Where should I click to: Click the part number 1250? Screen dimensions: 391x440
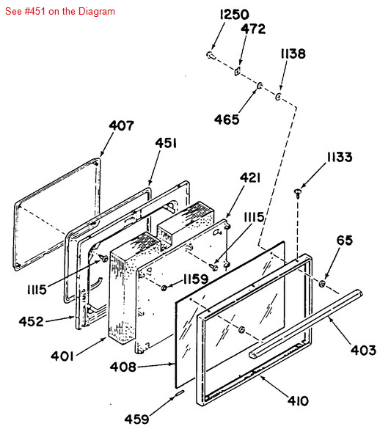click(234, 15)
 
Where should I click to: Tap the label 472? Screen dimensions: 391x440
click(253, 29)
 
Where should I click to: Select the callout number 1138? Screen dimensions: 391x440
click(293, 54)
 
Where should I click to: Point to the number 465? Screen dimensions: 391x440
click(227, 120)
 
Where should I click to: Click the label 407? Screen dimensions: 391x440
click(121, 125)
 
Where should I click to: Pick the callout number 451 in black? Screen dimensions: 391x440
click(166, 143)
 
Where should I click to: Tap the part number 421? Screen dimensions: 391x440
click(250, 177)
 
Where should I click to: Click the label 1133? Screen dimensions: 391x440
click(340, 157)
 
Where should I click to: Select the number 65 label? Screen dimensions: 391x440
click(344, 241)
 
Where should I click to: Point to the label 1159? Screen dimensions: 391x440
click(196, 279)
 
